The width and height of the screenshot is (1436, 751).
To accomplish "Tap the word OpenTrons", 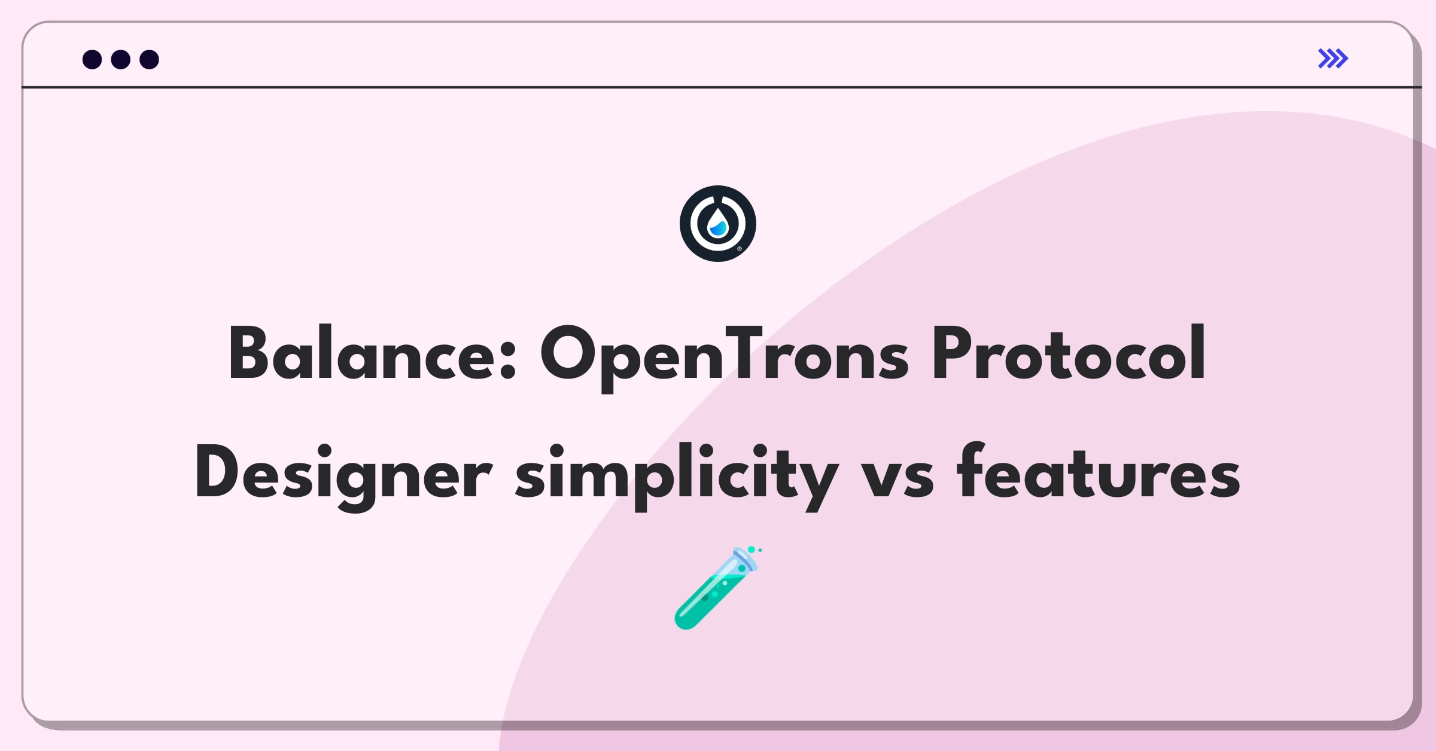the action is (725, 358).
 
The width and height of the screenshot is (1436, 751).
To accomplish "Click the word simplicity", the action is (677, 477).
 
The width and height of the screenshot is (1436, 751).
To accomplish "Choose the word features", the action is (1099, 472).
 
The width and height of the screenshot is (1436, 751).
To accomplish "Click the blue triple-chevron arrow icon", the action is (1333, 59).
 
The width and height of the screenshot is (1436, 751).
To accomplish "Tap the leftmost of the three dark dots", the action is (92, 59).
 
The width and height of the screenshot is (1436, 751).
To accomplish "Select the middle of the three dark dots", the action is (121, 59).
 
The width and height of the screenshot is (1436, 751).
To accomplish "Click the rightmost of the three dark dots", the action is (150, 59).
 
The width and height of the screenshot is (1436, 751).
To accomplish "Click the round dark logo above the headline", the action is (718, 224).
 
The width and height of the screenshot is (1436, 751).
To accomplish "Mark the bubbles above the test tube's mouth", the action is (754, 549).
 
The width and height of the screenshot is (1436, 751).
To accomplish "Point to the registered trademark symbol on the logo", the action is (740, 249).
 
